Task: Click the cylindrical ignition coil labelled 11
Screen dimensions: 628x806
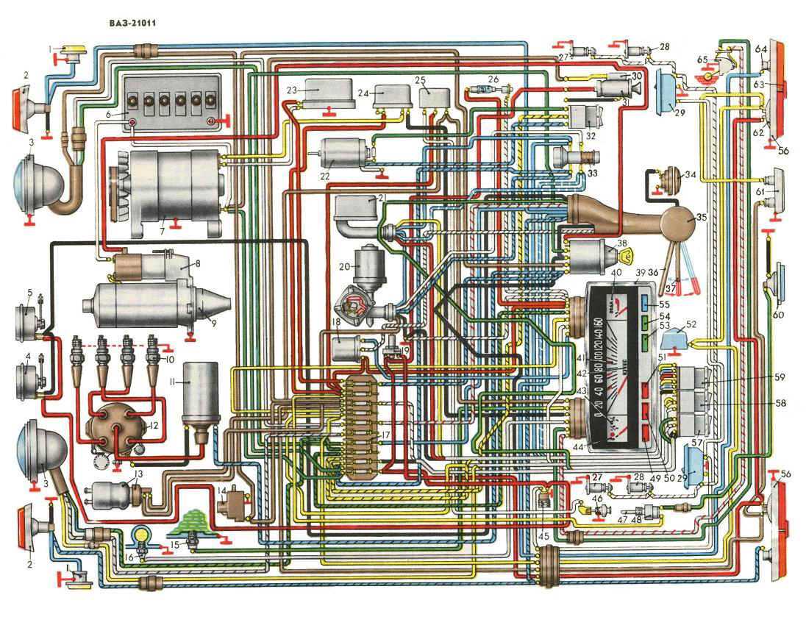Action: click(x=196, y=397)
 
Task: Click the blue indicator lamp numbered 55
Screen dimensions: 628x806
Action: click(x=644, y=303)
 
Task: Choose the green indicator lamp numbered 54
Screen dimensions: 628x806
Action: click(x=644, y=321)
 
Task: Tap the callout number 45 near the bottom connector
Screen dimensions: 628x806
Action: click(x=543, y=535)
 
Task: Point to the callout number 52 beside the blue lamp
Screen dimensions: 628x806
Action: click(x=691, y=324)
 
